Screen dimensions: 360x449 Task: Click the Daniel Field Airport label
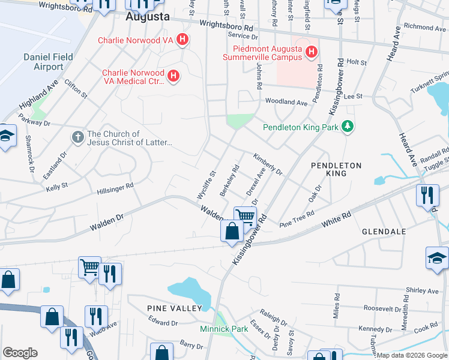click(48, 62)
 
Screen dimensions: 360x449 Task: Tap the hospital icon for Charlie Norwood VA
click(183, 40)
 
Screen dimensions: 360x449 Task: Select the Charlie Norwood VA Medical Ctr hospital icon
click(173, 76)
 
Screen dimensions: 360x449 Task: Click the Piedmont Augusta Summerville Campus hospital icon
click(311, 52)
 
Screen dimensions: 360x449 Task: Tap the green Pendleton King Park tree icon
click(346, 127)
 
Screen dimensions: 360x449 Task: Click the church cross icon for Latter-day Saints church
click(77, 137)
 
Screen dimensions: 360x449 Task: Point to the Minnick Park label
click(224, 329)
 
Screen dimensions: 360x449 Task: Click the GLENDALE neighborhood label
click(384, 231)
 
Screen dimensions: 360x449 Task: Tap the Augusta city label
click(148, 17)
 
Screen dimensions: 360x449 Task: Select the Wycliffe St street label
click(206, 185)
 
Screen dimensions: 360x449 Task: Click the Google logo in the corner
click(20, 353)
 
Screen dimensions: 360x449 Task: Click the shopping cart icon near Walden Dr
click(245, 216)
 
